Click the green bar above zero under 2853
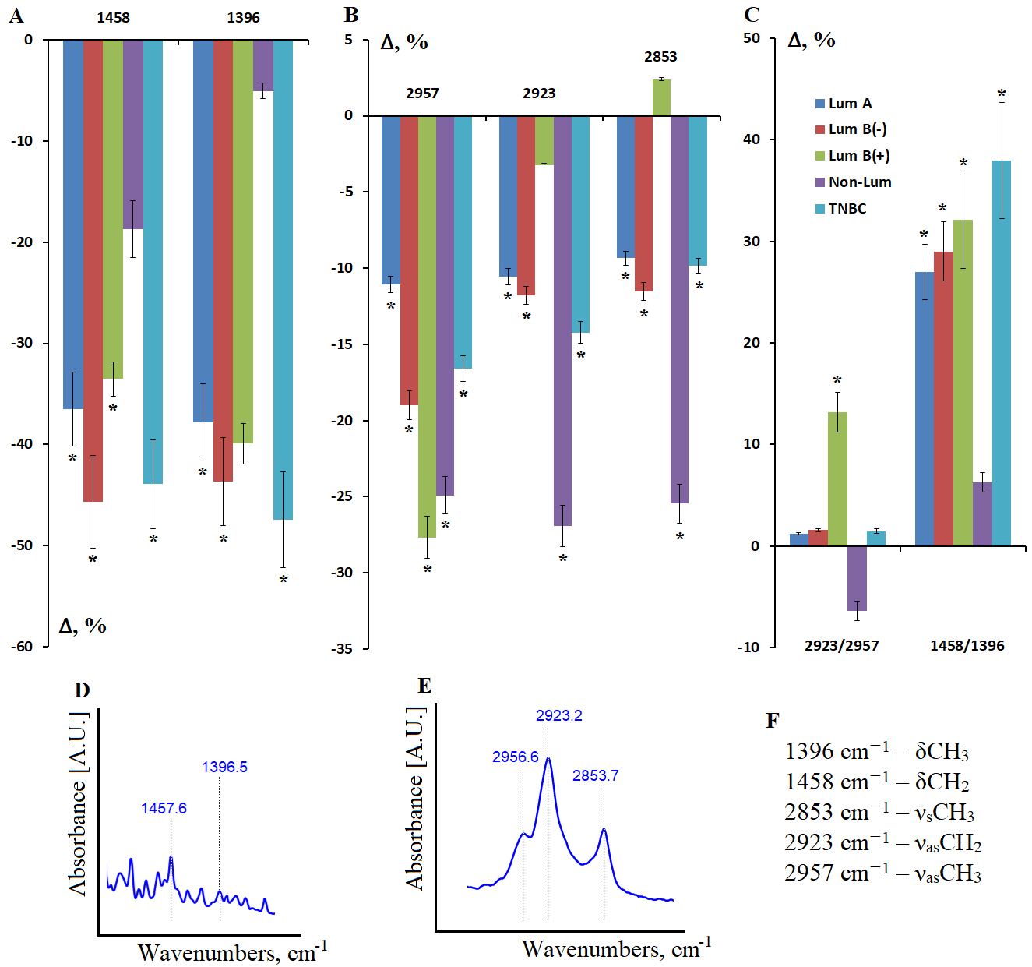click(x=661, y=97)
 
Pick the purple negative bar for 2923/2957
click(x=857, y=578)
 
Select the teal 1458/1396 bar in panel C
click(x=1001, y=353)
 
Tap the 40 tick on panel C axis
click(x=751, y=139)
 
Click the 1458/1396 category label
click(x=967, y=646)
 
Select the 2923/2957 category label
click(x=841, y=646)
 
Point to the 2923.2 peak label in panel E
click(x=558, y=715)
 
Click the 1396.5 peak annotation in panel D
click(x=224, y=767)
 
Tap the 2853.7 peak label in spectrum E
click(x=595, y=775)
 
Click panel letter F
click(x=772, y=720)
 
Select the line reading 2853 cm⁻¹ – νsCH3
click(x=879, y=812)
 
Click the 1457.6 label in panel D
click(x=164, y=808)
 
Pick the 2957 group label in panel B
click(x=422, y=94)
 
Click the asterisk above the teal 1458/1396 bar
click(x=1002, y=95)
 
